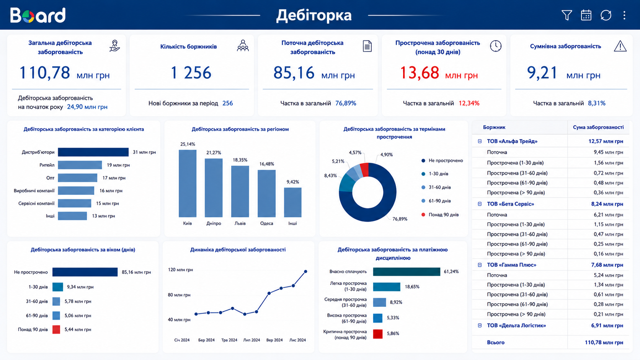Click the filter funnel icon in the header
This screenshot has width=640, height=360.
click(567, 15)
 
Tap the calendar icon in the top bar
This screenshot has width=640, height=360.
click(586, 15)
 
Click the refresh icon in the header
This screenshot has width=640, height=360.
click(606, 15)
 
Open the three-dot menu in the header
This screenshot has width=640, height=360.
click(624, 15)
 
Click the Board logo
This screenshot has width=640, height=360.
click(38, 15)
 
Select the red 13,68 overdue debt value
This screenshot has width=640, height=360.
click(419, 73)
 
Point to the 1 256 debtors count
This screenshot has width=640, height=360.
click(191, 73)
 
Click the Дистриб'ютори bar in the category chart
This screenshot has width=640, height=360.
click(93, 152)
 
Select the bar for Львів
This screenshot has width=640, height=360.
click(240, 191)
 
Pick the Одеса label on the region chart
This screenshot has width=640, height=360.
click(266, 223)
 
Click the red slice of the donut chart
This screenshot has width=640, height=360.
click(364, 169)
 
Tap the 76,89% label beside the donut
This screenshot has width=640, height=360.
click(400, 219)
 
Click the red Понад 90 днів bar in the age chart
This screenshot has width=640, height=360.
click(56, 329)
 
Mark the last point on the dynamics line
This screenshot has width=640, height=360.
click(305, 272)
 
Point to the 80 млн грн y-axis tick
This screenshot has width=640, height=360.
click(179, 295)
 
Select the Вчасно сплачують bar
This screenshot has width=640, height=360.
click(407, 272)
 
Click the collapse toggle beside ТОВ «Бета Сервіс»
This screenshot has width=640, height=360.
click(480, 204)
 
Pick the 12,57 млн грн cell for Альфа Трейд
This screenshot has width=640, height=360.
click(606, 141)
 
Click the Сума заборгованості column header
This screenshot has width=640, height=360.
click(598, 127)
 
